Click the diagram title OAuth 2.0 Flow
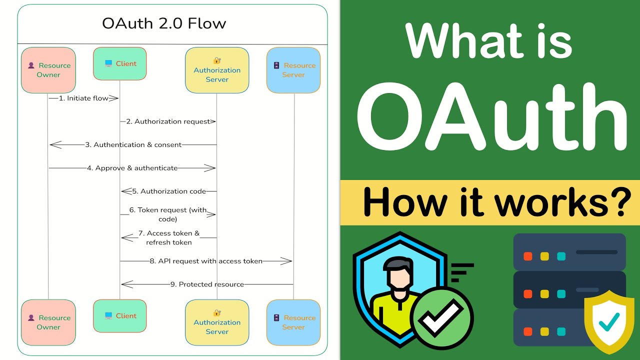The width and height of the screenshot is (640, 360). coord(164,23)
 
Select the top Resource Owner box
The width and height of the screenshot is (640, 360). coord(48,70)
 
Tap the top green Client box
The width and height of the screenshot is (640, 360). coord(120,63)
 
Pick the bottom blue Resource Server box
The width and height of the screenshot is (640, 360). coord(293,322)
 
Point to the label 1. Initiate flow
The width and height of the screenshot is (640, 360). coord(83,98)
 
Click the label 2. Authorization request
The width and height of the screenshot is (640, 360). coord(168,121)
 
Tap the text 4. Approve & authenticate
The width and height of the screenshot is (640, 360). coord(132,168)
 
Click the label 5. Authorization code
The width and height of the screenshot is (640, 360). coord(169,191)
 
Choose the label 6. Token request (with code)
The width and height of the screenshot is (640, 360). coord(168,214)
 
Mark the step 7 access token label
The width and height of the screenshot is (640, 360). coord(169,237)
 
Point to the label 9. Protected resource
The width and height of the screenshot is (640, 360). coord(207,284)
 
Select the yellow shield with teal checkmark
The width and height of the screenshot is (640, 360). coord(609,322)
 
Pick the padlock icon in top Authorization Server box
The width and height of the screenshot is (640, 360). coord(217,60)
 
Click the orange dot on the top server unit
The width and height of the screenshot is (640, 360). coord(527,256)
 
